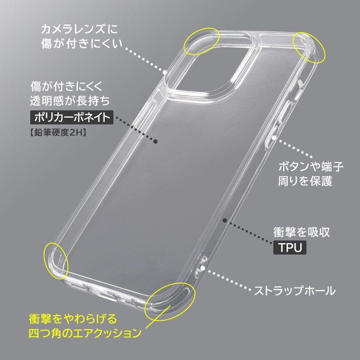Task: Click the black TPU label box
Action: [x=290, y=247]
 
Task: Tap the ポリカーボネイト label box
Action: [x=72, y=117]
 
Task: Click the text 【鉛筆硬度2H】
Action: [x=58, y=133]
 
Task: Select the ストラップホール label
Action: [x=295, y=291]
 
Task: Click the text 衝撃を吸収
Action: [x=301, y=232]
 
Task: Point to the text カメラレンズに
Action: [x=79, y=29]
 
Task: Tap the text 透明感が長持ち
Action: [x=70, y=101]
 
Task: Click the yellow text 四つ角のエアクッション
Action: [x=85, y=333]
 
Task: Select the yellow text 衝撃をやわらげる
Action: [x=73, y=319]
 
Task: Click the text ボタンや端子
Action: [x=311, y=167]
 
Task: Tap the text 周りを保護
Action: [x=305, y=181]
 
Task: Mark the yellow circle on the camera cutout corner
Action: [x=202, y=41]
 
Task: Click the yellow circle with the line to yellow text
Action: [x=170, y=301]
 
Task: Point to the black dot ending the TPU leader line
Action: [x=225, y=221]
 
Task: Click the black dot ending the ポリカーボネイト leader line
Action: [x=155, y=141]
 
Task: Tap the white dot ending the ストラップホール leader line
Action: [x=202, y=268]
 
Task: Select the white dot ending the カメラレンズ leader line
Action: [x=165, y=73]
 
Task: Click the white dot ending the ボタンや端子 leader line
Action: [x=274, y=138]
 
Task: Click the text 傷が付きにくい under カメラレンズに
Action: [x=82, y=44]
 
